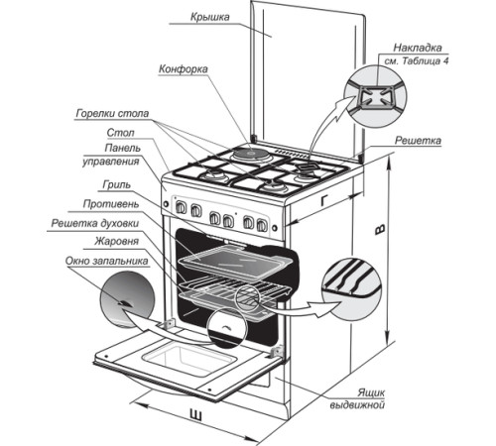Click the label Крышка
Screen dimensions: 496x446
coord(209,17)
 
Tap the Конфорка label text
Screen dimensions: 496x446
coord(184,69)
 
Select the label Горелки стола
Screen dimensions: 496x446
coord(112,113)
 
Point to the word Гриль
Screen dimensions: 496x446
coord(117,184)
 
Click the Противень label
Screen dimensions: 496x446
coord(111,204)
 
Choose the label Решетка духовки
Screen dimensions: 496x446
coord(95,223)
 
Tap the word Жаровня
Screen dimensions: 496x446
coord(116,241)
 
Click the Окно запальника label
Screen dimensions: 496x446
coord(106,261)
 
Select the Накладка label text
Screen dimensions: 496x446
coord(418,48)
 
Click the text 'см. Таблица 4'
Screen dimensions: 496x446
coord(417,61)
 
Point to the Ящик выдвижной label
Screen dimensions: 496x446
coord(357,398)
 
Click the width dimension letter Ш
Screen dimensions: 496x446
coord(195,414)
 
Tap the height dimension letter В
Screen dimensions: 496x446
coord(380,230)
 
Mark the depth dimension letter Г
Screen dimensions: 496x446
coord(325,200)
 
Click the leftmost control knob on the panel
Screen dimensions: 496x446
coord(181,207)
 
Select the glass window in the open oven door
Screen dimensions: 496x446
coord(189,359)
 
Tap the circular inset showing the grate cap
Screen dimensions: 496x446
coord(375,96)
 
